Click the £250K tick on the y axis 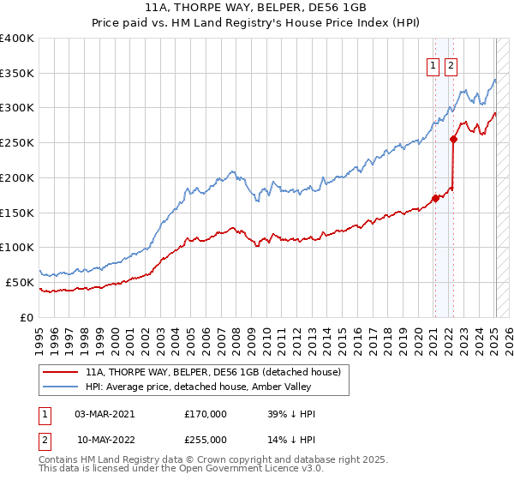click(x=18, y=143)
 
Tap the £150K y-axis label click(x=18, y=213)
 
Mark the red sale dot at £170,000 click(x=435, y=199)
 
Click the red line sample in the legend click(x=61, y=372)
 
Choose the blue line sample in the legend click(x=61, y=387)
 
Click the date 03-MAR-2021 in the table click(x=105, y=414)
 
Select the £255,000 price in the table click(x=206, y=440)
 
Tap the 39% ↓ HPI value click(x=291, y=414)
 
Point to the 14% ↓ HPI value click(x=291, y=440)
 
